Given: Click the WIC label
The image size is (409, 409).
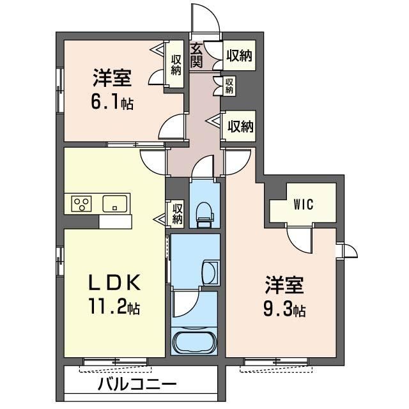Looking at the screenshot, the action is tap(304, 204).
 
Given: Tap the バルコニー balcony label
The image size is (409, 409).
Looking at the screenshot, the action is tap(137, 384).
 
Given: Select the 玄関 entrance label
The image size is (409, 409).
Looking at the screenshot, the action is tap(196, 56).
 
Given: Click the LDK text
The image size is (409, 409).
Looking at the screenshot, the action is tap(115, 282).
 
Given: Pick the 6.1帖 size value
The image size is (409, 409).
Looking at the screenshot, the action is tap(112, 102).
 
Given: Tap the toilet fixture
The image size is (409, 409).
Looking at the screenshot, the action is tap(204, 215).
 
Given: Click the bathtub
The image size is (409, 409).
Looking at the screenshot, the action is tap(195, 341).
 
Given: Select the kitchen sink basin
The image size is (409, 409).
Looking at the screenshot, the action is tap(115, 203).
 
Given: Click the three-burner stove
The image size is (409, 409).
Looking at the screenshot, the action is tap(81, 204).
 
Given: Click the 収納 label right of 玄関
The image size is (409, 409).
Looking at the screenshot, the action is tap(239, 56).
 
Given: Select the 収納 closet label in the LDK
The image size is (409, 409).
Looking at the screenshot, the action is tap(177, 213).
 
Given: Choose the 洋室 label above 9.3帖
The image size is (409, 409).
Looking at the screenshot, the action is tap(284, 285).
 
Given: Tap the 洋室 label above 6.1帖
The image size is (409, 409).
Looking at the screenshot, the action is tap(112, 78).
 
